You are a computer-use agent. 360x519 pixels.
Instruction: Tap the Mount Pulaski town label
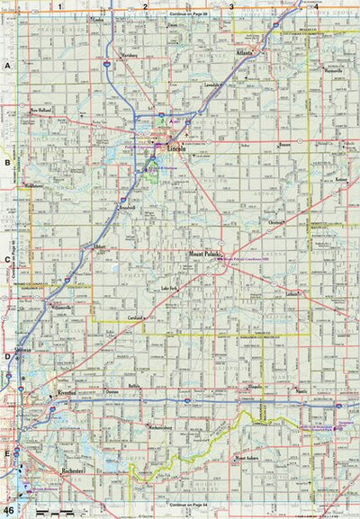(x=205, y=254)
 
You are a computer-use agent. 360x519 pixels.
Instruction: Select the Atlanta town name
(x=243, y=53)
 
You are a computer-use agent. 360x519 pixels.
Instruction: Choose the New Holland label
(x=42, y=110)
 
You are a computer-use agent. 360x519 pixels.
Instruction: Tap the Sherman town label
(x=24, y=353)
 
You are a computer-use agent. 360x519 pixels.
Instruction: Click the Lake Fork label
(x=171, y=288)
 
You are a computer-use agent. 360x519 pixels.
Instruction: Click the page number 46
(x=8, y=510)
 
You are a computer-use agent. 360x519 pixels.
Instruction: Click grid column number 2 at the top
(x=144, y=6)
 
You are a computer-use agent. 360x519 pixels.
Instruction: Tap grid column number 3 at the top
(x=230, y=6)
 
